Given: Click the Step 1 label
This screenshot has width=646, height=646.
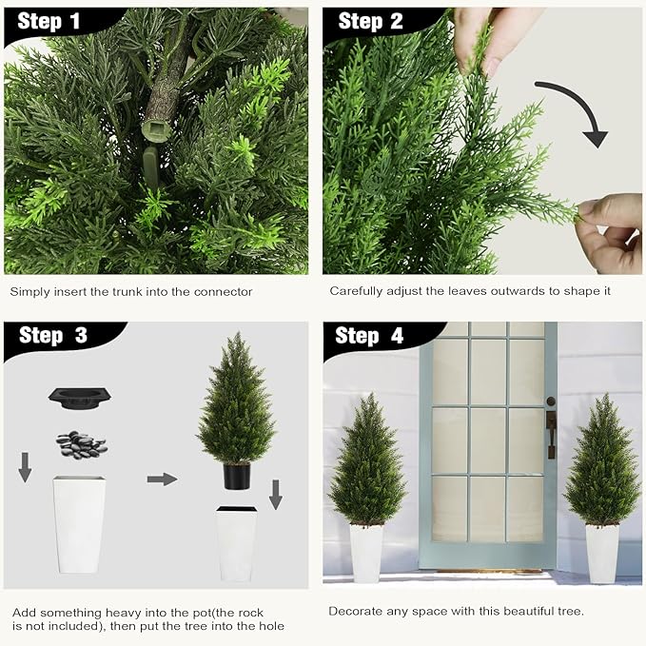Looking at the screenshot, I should tap(48, 22).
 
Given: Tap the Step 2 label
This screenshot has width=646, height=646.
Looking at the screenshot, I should tap(371, 22).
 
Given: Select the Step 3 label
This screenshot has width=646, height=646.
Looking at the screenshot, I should tap(53, 336).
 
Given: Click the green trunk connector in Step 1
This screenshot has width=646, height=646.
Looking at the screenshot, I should tap(154, 127).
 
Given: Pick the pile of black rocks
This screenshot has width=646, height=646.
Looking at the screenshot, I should tap(81, 443).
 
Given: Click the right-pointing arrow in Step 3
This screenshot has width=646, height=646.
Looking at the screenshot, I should tap(162, 479).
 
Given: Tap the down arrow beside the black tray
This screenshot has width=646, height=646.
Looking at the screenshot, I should tap(25, 466).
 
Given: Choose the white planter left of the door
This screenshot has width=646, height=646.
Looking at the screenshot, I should tap(366, 552).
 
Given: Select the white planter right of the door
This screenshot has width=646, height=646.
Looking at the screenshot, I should tap(601, 553).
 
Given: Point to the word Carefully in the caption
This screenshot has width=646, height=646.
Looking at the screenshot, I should tap(358, 291).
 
